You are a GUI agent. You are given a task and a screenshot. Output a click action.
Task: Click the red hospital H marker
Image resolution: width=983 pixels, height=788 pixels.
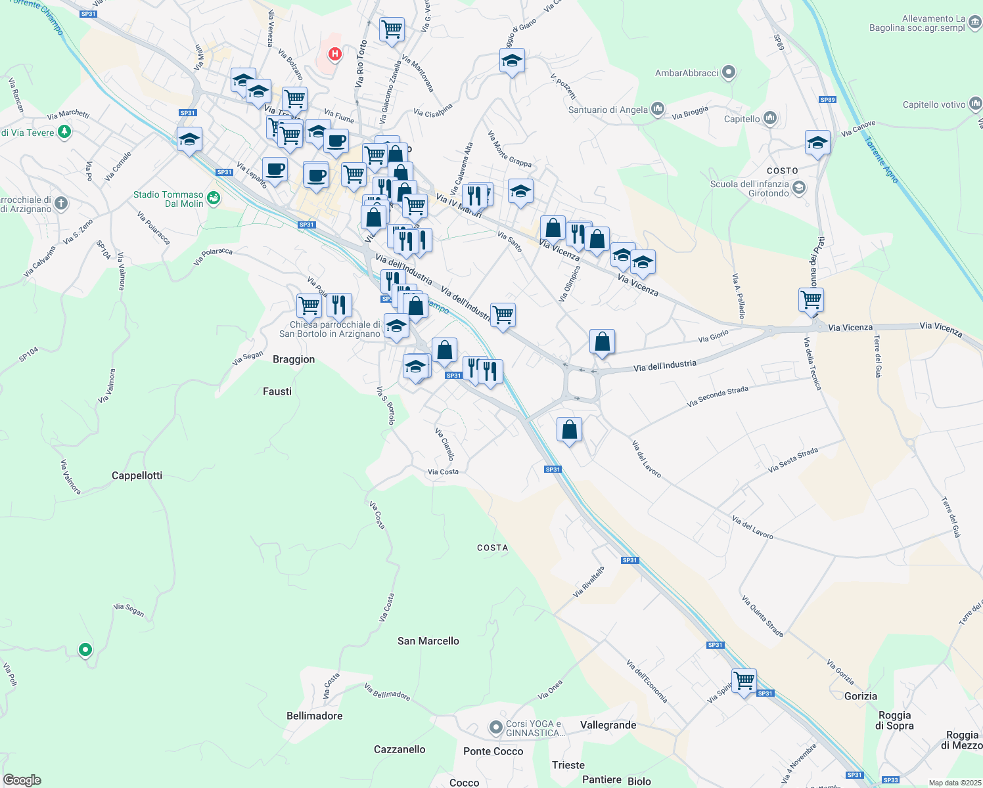(335, 54)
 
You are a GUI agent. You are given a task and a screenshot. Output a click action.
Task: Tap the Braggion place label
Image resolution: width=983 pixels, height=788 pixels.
(294, 359)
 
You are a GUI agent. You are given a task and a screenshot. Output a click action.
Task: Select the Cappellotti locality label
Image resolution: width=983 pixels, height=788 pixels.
(137, 475)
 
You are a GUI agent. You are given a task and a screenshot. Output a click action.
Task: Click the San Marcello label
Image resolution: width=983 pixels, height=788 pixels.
(428, 641)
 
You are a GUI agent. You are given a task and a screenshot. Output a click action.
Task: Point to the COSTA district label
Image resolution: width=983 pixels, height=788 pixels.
(492, 548)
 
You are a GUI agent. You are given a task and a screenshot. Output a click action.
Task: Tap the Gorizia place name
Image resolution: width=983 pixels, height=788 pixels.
(860, 696)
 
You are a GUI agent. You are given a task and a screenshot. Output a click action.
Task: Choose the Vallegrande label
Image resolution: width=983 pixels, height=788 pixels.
(608, 725)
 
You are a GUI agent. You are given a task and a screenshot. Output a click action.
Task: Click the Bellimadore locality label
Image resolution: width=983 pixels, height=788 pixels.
(314, 716)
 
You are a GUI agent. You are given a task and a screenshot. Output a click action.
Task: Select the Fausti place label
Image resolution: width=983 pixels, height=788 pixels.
(277, 391)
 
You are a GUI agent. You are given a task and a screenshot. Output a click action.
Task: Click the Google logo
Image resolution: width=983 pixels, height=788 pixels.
(22, 780)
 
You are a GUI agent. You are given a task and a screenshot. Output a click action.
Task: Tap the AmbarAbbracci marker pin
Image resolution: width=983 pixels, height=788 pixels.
(728, 72)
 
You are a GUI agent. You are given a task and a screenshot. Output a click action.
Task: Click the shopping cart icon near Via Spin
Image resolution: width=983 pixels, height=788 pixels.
(744, 681)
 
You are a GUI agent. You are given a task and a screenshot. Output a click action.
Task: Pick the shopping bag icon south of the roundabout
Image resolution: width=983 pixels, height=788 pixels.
(569, 429)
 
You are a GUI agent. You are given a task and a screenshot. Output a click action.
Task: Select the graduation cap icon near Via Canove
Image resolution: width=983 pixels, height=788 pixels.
(817, 142)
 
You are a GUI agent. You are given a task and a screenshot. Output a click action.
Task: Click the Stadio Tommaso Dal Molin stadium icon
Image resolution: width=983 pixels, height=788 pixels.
(213, 198)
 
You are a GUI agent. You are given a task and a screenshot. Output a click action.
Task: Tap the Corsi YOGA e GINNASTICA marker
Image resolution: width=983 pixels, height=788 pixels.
(496, 728)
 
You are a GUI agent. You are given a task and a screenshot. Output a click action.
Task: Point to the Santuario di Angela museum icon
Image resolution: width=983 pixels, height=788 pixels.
(658, 110)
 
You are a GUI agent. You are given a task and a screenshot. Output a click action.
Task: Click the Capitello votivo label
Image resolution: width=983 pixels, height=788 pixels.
(934, 104)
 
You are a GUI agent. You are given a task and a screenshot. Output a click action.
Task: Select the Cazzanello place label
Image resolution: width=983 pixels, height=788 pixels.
(400, 749)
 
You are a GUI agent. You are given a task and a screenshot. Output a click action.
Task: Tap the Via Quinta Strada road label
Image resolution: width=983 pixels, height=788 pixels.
(762, 616)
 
